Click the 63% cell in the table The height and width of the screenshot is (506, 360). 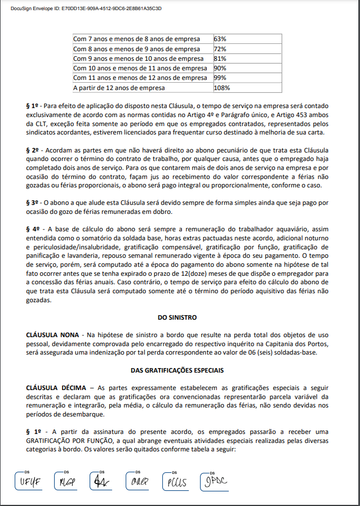click(x=220, y=39)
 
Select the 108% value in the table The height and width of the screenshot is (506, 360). click(x=222, y=88)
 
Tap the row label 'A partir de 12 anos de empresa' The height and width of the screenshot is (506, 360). click(x=119, y=88)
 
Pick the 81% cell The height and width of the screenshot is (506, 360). click(x=220, y=59)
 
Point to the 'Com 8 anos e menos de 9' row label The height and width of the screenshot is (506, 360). click(x=140, y=49)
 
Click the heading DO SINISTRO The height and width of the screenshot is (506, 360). click(x=180, y=318)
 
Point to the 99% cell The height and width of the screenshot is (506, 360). click(x=220, y=78)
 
